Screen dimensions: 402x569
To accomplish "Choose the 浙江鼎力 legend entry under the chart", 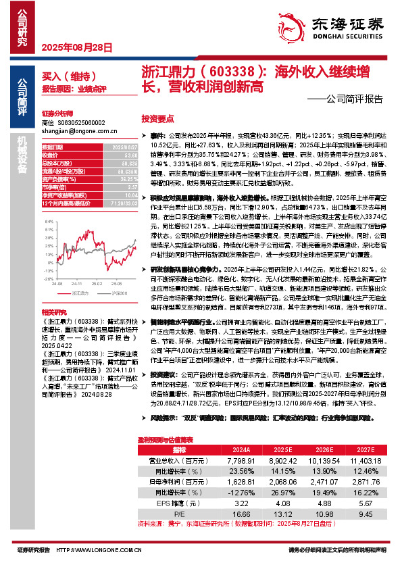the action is pos(80,293).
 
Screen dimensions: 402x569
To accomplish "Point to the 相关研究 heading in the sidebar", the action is pos(53,312).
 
